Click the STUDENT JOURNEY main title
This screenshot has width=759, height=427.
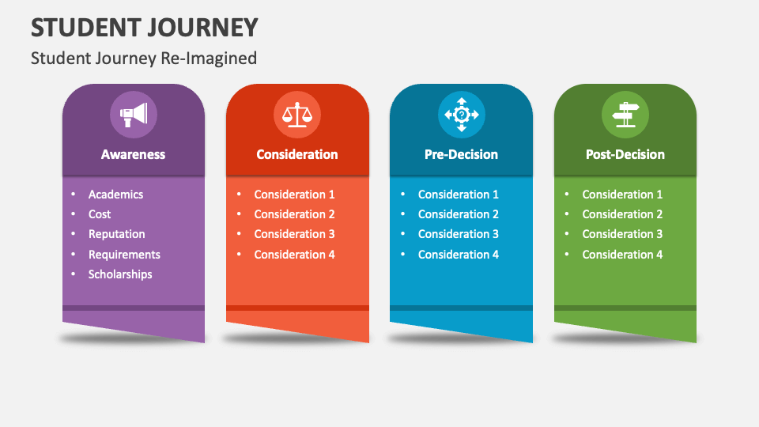click(x=145, y=28)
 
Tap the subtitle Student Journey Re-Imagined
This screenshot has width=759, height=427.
click(x=144, y=58)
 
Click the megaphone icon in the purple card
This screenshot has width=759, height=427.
click(x=134, y=115)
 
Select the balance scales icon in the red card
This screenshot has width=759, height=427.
click(x=297, y=115)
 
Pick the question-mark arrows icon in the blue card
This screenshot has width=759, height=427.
click(x=462, y=115)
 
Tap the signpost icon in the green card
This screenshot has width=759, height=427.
click(x=625, y=115)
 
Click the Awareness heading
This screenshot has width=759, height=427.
click(x=134, y=155)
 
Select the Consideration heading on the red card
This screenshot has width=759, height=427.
click(x=297, y=155)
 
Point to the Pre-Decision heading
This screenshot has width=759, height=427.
click(x=462, y=155)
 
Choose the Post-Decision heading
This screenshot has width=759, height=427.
click(x=625, y=155)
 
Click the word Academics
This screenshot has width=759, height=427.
click(x=115, y=195)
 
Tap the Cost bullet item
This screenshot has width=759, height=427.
click(x=100, y=214)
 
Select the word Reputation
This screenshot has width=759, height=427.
click(x=117, y=234)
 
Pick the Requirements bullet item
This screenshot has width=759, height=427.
click(x=124, y=255)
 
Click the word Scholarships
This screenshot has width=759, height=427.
click(x=120, y=274)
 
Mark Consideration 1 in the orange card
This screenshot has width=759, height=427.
click(x=294, y=195)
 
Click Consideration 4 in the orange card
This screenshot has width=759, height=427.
click(x=294, y=255)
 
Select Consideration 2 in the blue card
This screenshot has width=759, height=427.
click(x=459, y=214)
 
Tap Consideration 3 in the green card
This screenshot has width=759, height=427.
click(x=622, y=234)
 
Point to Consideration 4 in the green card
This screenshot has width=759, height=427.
click(x=622, y=255)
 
